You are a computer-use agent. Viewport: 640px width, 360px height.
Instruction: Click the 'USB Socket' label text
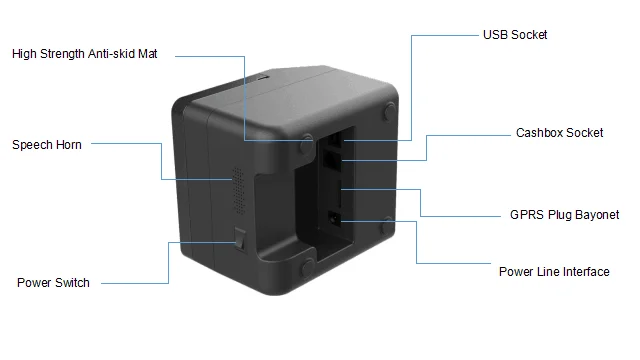(515, 35)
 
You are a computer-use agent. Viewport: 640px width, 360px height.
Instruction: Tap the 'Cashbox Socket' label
(559, 133)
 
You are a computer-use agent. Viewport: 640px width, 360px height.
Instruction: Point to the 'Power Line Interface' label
(554, 272)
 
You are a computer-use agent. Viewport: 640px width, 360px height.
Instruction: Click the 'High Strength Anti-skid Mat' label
(84, 54)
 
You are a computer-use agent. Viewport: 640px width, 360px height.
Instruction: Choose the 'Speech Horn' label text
(47, 145)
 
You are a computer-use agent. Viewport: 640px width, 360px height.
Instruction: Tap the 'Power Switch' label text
(53, 283)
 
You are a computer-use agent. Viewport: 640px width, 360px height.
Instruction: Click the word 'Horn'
(67, 145)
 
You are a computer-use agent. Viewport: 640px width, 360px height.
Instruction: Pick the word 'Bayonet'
(596, 215)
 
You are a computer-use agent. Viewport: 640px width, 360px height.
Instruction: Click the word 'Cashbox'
(538, 133)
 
